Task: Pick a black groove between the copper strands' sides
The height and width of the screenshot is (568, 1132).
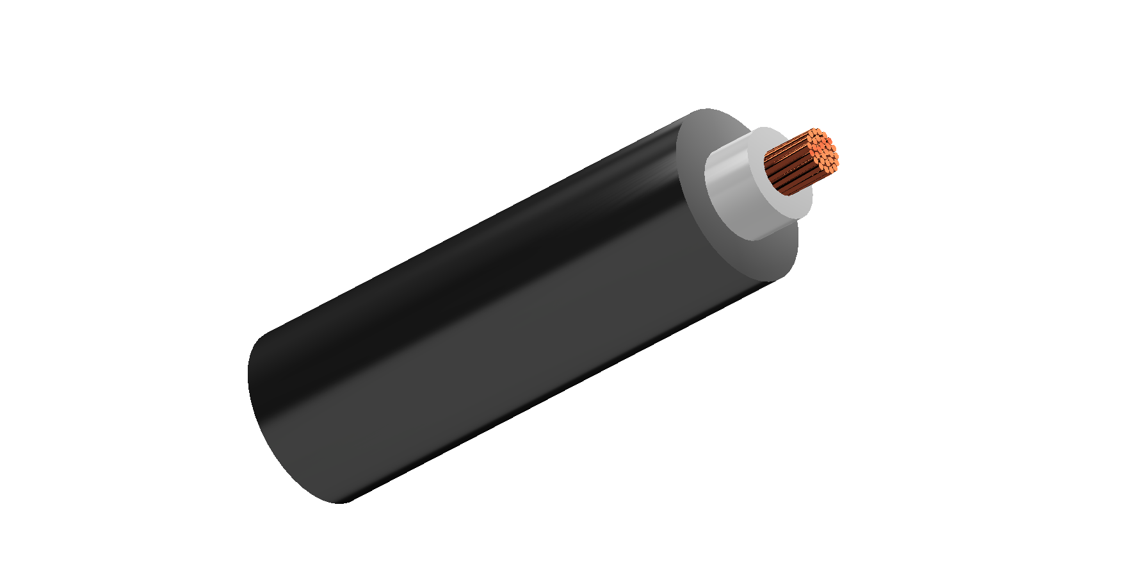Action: pyautogui.click(x=788, y=176)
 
